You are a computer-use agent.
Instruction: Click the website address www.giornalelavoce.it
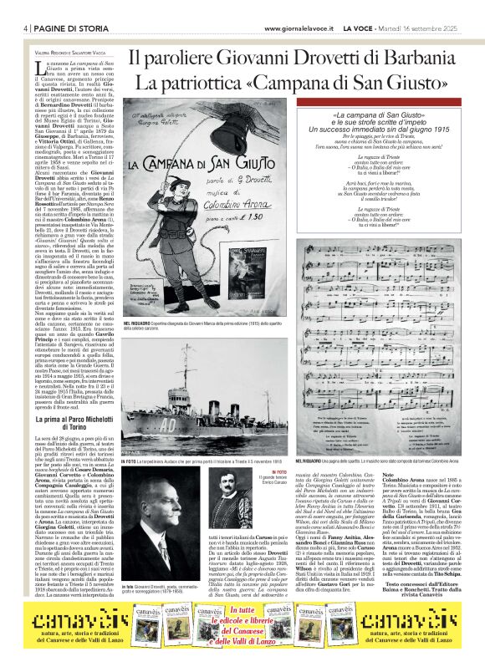[x=304, y=28]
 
